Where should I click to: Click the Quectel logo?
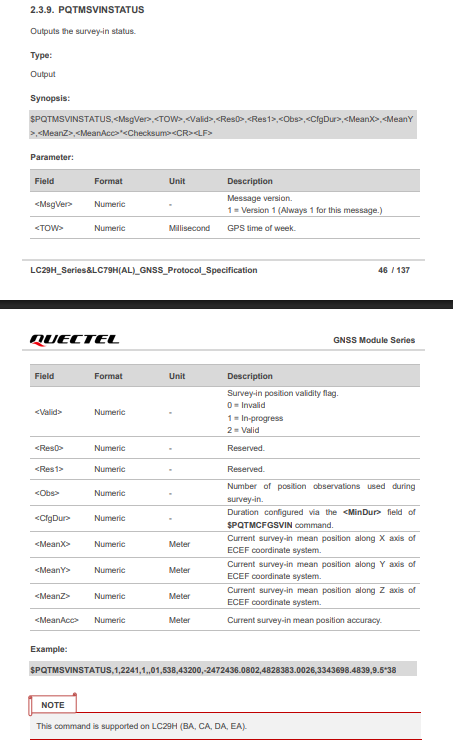[75, 340]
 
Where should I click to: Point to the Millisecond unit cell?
[190, 228]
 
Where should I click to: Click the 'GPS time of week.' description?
[263, 228]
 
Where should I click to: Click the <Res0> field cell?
[49, 448]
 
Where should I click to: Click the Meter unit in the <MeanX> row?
[179, 544]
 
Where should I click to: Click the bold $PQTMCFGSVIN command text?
[259, 524]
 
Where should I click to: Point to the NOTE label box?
[53, 705]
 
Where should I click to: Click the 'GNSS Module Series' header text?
[374, 341]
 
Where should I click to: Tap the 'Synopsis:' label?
[50, 98]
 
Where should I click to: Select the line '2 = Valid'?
[245, 430]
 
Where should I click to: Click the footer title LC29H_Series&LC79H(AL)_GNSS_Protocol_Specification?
[144, 270]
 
